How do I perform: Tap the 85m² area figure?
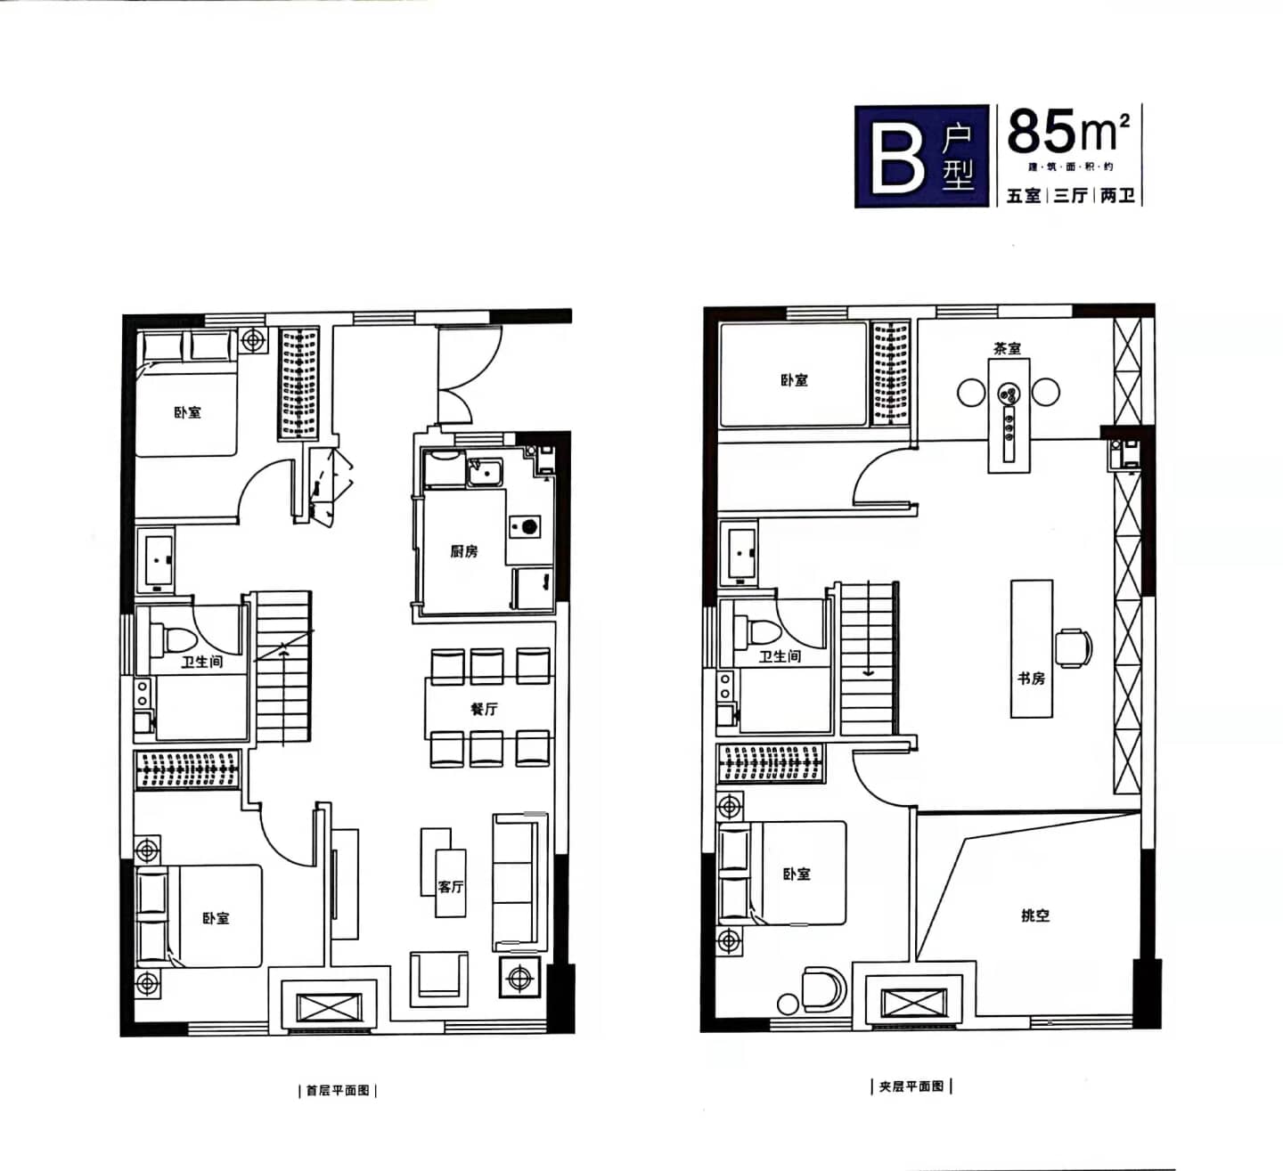pos(1068,131)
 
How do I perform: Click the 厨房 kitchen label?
pos(463,551)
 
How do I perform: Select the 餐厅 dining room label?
pos(484,709)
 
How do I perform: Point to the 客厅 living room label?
pos(451,886)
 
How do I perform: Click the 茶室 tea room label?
pos(1008,348)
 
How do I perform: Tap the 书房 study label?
pos(1031,679)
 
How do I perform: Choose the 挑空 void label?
pos(1035,915)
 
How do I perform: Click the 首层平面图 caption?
pos(338,1091)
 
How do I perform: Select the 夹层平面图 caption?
pos(911,1086)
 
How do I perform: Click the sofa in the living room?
pos(519,883)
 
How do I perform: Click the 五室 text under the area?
pos(1024,195)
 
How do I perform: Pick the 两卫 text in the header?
pos(1117,195)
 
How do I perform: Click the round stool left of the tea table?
pos(971,392)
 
